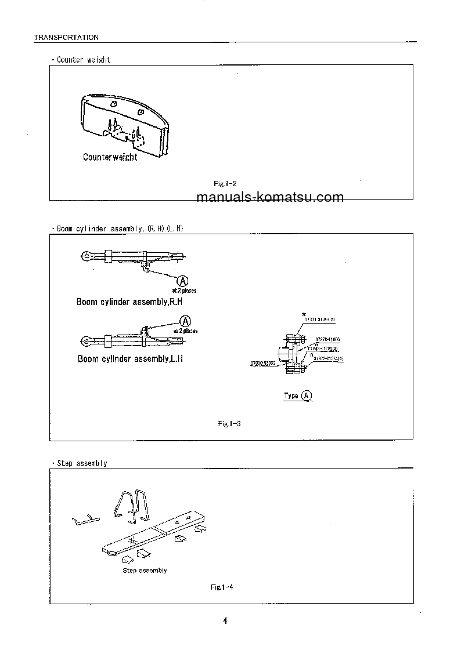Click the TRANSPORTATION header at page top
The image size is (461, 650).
pyautogui.click(x=66, y=37)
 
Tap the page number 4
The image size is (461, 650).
pyautogui.click(x=225, y=621)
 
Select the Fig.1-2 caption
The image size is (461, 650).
pyautogui.click(x=225, y=183)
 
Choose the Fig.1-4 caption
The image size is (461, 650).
pyautogui.click(x=222, y=587)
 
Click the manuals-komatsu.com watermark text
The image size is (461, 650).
pyautogui.click(x=270, y=197)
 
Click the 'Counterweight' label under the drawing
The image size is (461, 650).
pyautogui.click(x=110, y=157)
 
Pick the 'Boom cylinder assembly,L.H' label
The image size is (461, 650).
pyautogui.click(x=131, y=359)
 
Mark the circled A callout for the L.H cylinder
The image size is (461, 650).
pyautogui.click(x=186, y=321)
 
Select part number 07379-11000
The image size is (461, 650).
pyautogui.click(x=327, y=339)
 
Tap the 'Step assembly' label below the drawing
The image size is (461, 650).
pyautogui.click(x=145, y=571)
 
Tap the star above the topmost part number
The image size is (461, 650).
pyautogui.click(x=303, y=313)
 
